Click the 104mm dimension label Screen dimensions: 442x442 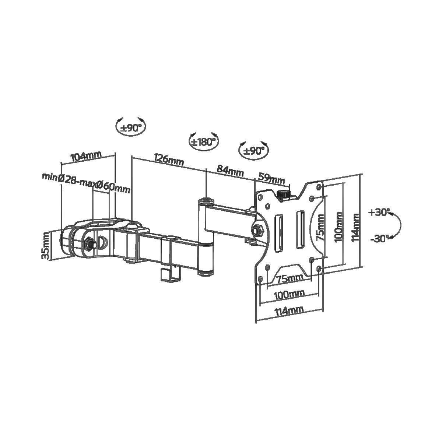tap(86, 156)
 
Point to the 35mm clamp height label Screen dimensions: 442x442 tap(46, 245)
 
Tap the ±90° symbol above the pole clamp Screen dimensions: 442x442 tap(131, 127)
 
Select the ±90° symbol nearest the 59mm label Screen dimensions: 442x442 tap(253, 150)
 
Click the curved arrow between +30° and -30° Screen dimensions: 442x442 tap(398, 225)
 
